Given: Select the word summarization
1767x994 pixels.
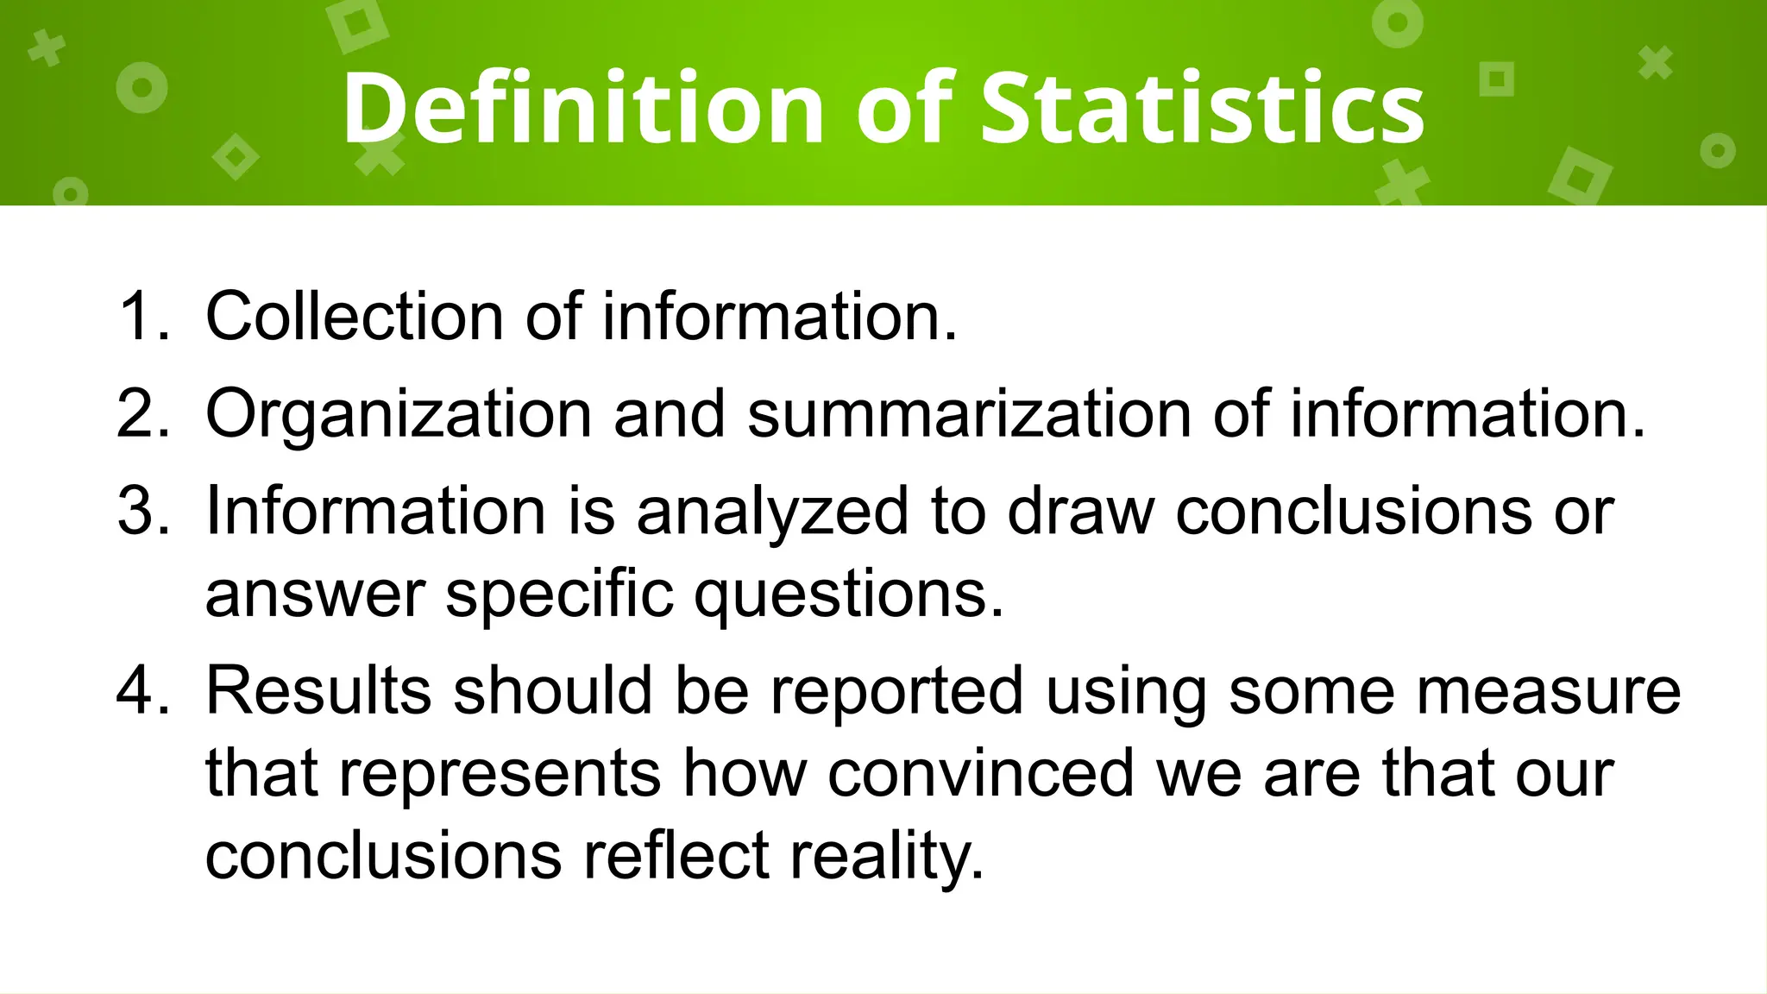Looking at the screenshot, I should click(968, 414).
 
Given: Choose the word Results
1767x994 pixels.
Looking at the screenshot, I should click(318, 691).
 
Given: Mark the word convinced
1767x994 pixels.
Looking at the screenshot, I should click(980, 774).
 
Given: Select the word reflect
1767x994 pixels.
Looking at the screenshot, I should click(676, 856).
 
